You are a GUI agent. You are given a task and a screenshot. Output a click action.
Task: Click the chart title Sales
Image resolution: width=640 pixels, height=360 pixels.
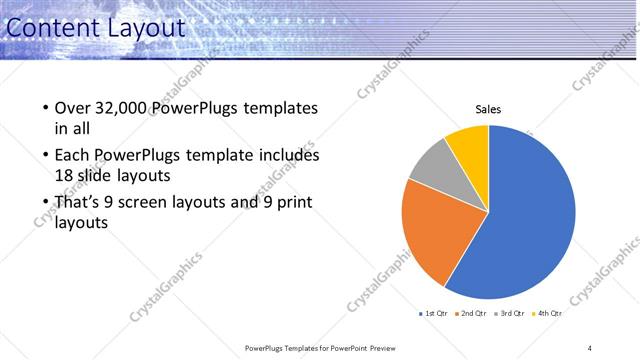tap(488, 110)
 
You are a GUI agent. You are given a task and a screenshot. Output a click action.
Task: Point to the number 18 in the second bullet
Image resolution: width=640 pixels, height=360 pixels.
tap(64, 177)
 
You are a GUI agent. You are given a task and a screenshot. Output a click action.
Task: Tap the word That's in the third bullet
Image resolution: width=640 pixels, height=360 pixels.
tap(80, 203)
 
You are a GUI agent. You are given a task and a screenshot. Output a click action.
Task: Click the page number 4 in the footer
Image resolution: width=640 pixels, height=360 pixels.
tap(590, 348)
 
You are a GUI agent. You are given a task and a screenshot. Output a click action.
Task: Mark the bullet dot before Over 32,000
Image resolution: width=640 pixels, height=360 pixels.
tap(45, 108)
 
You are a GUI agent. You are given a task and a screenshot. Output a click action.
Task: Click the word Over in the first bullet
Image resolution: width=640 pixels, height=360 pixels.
tap(74, 108)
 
